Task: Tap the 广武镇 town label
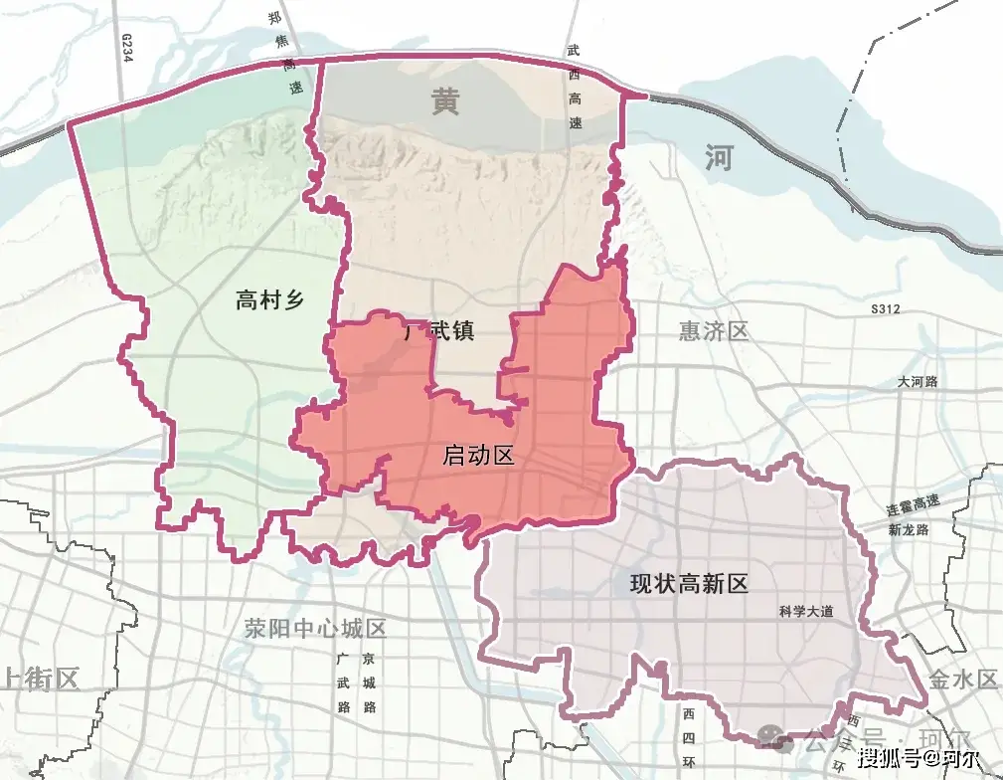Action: pyautogui.click(x=439, y=330)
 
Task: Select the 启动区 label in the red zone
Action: pyautogui.click(x=478, y=457)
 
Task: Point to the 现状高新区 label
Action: pyautogui.click(x=689, y=584)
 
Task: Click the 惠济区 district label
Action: pyautogui.click(x=713, y=331)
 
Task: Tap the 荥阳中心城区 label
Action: pyautogui.click(x=315, y=629)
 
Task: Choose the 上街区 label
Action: pyautogui.click(x=40, y=680)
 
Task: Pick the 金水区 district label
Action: pyautogui.click(x=962, y=680)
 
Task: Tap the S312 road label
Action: pyautogui.click(x=884, y=310)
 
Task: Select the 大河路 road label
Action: pyautogui.click(x=917, y=381)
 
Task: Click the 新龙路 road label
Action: pyautogui.click(x=909, y=529)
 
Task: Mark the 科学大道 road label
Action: pyautogui.click(x=806, y=613)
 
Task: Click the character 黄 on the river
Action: pyautogui.click(x=445, y=101)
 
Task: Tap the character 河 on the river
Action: pyautogui.click(x=717, y=157)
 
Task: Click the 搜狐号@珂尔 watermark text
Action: pyautogui.click(x=914, y=759)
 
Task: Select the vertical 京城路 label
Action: pyautogui.click(x=369, y=683)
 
